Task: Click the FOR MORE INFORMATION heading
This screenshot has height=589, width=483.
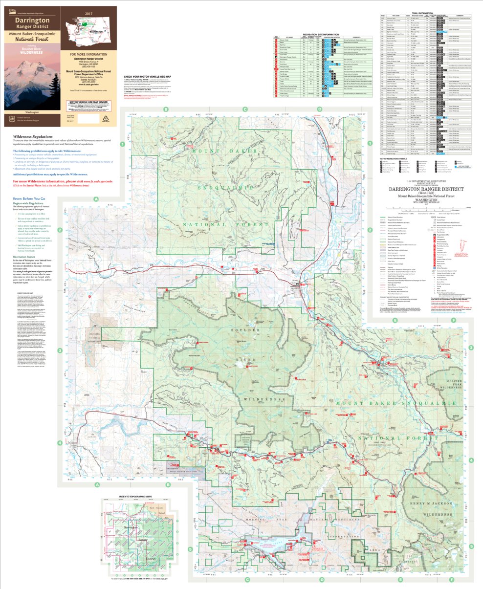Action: [x=88, y=55]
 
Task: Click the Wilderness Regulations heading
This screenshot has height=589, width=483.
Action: [x=33, y=136]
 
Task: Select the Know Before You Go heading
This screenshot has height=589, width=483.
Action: [x=29, y=199]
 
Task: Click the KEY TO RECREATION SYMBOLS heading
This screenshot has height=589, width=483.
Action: [x=394, y=159]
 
